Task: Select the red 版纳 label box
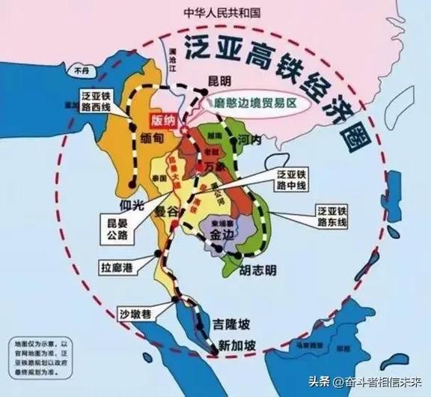162,120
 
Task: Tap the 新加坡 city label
237,345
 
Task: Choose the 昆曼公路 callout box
116,228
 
